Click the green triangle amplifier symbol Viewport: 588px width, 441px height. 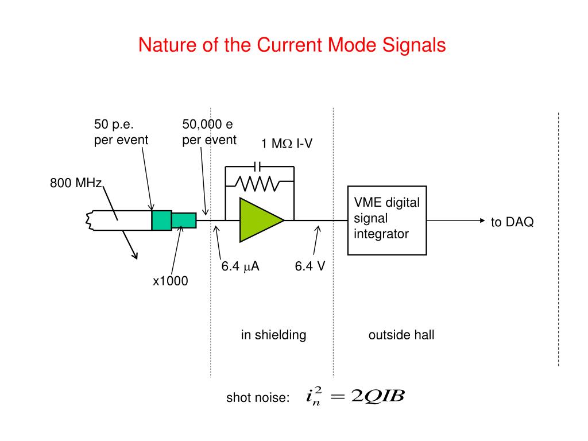[258, 219]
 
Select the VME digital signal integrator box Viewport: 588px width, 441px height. [387, 220]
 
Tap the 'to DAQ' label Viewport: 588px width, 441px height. [512, 222]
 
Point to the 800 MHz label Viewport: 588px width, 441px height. [75, 184]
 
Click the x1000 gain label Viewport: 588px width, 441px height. [170, 281]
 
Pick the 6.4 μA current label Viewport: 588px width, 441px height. [241, 266]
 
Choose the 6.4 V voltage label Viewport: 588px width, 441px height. [310, 266]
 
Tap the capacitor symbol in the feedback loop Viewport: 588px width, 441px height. [259, 166]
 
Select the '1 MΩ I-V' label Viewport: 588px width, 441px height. [287, 144]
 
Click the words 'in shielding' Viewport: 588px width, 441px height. [273, 335]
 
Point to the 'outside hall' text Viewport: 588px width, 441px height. [401, 335]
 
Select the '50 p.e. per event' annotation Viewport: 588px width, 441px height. [121, 132]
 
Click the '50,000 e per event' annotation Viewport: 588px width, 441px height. [209, 132]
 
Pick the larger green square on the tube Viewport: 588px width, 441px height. [161, 220]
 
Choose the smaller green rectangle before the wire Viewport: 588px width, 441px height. [184, 220]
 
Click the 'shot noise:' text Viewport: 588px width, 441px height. [258, 397]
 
